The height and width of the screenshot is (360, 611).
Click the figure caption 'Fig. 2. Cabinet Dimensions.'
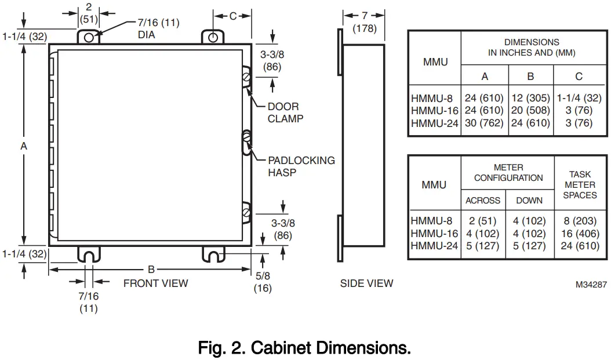tap(304, 348)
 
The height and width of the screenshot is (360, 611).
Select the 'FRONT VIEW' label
tap(155, 283)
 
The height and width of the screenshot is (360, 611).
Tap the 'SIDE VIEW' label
tap(366, 283)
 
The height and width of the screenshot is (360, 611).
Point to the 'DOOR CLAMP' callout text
tap(285, 112)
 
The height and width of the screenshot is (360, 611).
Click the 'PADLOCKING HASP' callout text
tap(301, 166)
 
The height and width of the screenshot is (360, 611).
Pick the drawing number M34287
tap(591, 285)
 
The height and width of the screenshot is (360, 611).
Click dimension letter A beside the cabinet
tap(24, 147)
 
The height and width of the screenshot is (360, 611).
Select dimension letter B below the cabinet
tap(151, 269)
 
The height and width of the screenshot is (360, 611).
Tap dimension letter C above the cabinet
tap(232, 16)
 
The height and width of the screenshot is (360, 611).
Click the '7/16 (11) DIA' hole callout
tap(158, 28)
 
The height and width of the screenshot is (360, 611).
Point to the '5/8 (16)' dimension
tap(263, 282)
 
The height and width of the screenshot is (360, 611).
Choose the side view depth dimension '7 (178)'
tap(364, 21)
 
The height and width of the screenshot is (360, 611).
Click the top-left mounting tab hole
tap(89, 37)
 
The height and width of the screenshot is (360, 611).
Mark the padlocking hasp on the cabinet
tap(247, 142)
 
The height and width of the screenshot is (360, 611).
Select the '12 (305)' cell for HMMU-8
tap(530, 98)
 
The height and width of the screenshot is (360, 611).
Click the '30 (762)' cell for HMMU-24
tap(485, 123)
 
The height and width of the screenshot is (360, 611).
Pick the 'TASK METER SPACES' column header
tap(580, 184)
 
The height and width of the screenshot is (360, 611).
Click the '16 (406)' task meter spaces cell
tap(580, 233)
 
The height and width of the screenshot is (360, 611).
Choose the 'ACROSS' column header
tap(483, 200)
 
